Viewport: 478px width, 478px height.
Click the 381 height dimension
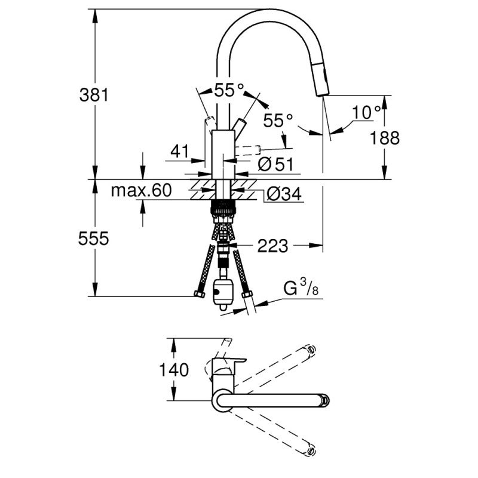(x=94, y=94)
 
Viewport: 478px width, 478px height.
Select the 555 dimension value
(x=94, y=238)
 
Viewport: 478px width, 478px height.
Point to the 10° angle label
(x=366, y=112)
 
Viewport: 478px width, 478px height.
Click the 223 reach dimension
(x=272, y=245)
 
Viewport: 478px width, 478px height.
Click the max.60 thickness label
(x=141, y=191)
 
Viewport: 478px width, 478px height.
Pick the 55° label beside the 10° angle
(x=278, y=121)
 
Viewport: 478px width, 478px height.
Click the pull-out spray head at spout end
(x=322, y=82)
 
